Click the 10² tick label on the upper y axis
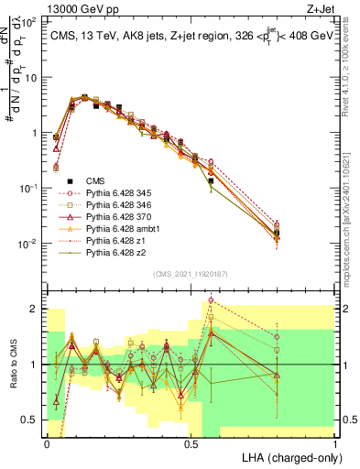(30, 22)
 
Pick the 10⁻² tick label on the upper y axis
(30, 244)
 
